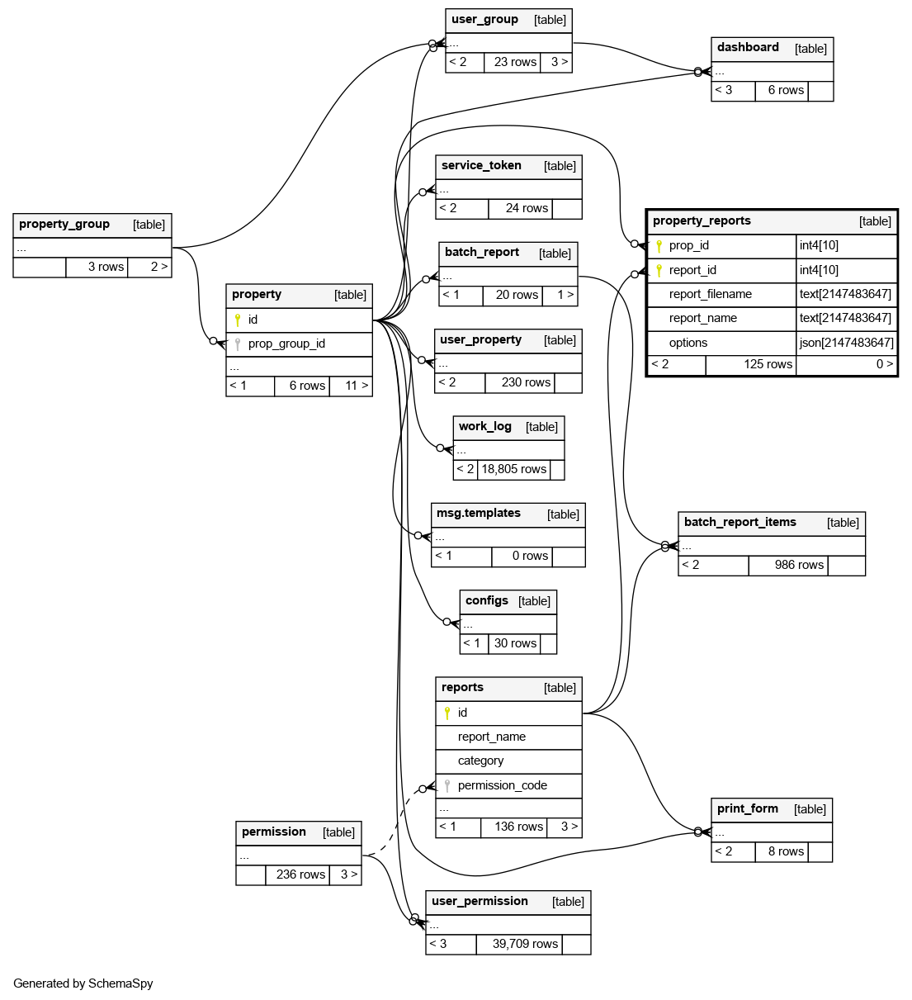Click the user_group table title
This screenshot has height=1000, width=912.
485,20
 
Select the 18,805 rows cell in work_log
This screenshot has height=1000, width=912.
513,469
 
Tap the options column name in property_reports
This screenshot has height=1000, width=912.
688,343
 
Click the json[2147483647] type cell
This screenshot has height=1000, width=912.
846,343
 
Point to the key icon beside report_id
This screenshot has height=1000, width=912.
659,270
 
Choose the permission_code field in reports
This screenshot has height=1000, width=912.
502,785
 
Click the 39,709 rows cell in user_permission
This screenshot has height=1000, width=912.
525,944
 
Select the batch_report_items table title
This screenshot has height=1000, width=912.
740,523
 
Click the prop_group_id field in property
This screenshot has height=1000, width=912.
286,344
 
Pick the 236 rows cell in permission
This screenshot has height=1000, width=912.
300,874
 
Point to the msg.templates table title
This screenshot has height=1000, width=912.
479,514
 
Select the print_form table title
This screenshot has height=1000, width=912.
747,809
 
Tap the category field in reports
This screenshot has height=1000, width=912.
480,761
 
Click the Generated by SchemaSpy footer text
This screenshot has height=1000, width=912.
83,983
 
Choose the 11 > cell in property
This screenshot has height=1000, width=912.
357,386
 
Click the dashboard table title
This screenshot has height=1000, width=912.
748,48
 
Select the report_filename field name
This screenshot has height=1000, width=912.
710,294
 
